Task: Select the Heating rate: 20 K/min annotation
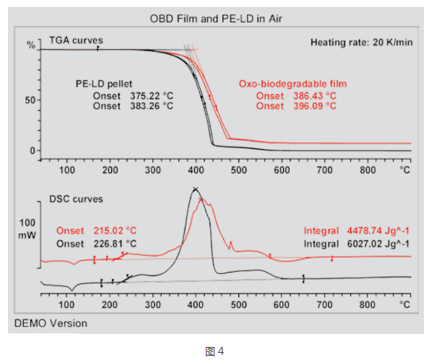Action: pyautogui.click(x=361, y=42)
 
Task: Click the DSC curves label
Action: pyautogui.click(x=75, y=198)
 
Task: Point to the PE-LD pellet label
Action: pyautogui.click(x=105, y=84)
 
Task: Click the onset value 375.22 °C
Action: pyautogui.click(x=149, y=95)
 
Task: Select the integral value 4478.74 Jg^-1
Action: pyautogui.click(x=383, y=231)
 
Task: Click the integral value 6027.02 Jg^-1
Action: pyautogui.click(x=383, y=244)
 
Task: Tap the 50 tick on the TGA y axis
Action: pyautogui.click(x=31, y=100)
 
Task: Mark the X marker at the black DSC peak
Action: pyautogui.click(x=195, y=191)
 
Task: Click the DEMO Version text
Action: pyautogui.click(x=51, y=323)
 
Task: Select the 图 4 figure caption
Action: pyautogui.click(x=215, y=351)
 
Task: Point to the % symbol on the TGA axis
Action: pyautogui.click(x=31, y=46)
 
